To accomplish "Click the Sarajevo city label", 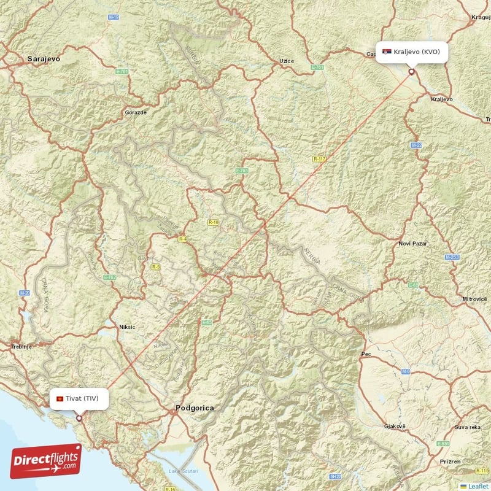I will pos(42,59).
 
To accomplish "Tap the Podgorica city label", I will pos(195,408).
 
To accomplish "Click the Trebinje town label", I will pos(20,347).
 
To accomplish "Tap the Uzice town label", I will pos(287,61).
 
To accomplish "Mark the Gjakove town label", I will pos(394,426).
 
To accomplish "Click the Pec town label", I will pos(367,354).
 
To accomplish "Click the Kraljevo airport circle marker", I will pos(412,71).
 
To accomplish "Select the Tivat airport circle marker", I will pos(79,418).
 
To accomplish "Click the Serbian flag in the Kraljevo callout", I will pos(387,52).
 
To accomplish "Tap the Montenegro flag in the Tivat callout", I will pos(60,399).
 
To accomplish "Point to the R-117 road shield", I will pos(319,159).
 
